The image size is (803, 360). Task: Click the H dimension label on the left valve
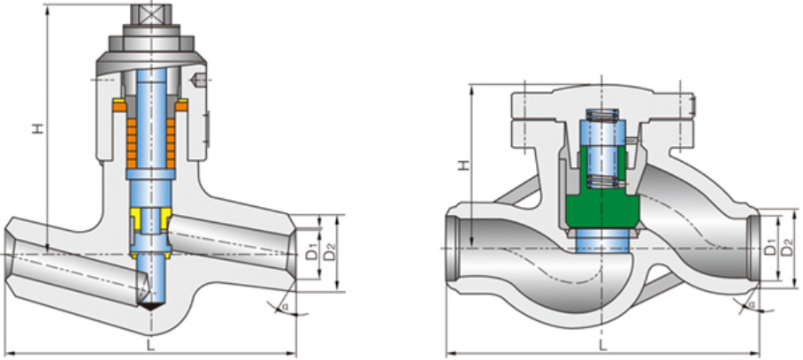[x=37, y=128]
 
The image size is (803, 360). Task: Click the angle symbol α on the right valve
[x=751, y=305]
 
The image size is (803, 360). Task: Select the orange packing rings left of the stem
[x=128, y=138]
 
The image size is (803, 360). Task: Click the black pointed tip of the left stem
[x=151, y=303]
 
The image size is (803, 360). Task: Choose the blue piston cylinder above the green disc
[x=597, y=150]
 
